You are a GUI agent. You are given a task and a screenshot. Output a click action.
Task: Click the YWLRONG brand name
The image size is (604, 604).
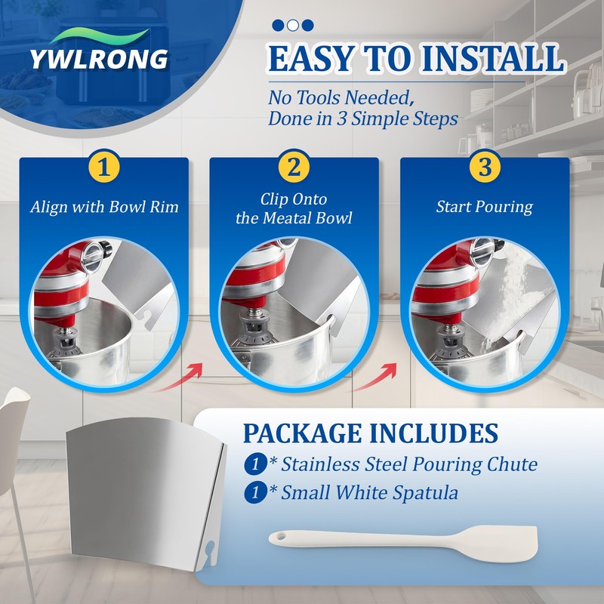tap(99, 59)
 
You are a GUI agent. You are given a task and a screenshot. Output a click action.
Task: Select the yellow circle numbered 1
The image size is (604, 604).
tap(103, 167)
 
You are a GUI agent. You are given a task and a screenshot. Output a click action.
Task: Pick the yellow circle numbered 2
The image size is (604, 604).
tap(294, 167)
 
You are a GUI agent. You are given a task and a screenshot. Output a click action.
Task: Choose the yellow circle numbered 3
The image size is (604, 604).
tap(485, 167)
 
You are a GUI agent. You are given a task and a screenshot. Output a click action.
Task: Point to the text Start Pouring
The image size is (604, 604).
tap(484, 207)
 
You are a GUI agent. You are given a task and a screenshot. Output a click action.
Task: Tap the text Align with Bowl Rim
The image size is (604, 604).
tap(104, 207)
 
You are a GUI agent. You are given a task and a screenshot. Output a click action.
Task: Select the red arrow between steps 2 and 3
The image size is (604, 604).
tap(373, 378)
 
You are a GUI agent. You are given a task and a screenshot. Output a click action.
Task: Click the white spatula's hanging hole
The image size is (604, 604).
tap(282, 536)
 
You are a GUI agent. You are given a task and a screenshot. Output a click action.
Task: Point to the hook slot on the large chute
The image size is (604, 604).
tap(210, 551)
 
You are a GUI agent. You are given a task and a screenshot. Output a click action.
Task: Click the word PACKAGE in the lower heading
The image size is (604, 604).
tap(303, 433)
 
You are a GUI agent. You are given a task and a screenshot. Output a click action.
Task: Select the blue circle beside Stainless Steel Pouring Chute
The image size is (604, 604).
tap(255, 464)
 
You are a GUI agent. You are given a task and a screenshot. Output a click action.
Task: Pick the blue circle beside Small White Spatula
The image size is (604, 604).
tap(255, 492)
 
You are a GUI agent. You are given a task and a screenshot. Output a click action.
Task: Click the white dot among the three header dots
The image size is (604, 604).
tap(293, 26)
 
